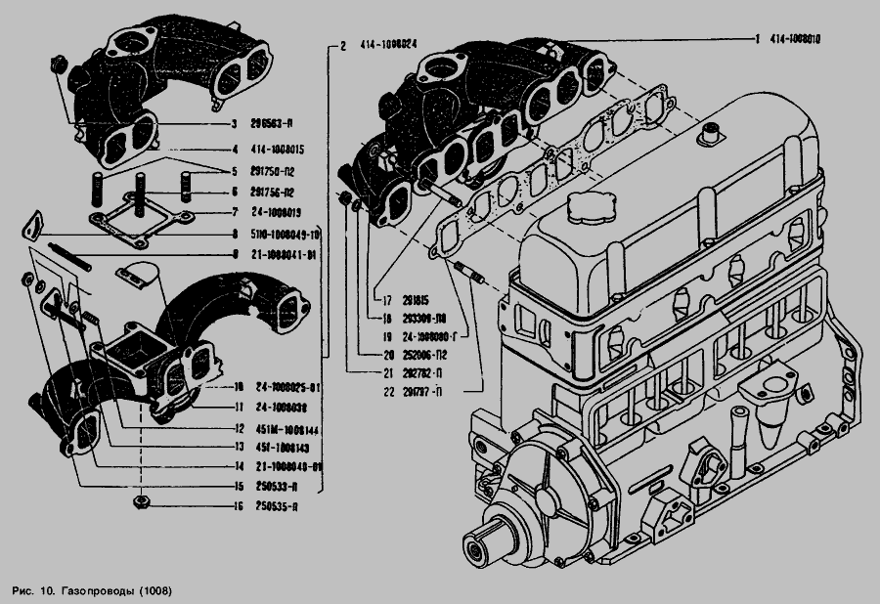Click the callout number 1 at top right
[758, 39]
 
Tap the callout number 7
[236, 212]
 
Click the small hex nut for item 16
[140, 504]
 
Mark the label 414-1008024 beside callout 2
[389, 45]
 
